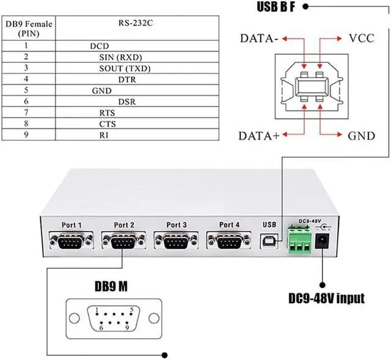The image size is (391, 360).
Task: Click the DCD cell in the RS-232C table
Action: click(99, 46)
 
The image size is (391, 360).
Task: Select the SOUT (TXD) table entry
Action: click(125, 68)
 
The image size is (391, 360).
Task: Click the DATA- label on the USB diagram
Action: click(260, 39)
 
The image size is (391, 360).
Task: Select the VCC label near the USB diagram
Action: click(360, 39)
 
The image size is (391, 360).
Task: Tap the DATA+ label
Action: click(259, 135)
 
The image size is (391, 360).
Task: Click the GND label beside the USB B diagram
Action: click(360, 135)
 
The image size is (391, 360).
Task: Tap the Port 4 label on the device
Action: click(229, 225)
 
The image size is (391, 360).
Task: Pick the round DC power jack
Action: click(323, 241)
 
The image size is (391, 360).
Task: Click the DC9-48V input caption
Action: click(327, 299)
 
